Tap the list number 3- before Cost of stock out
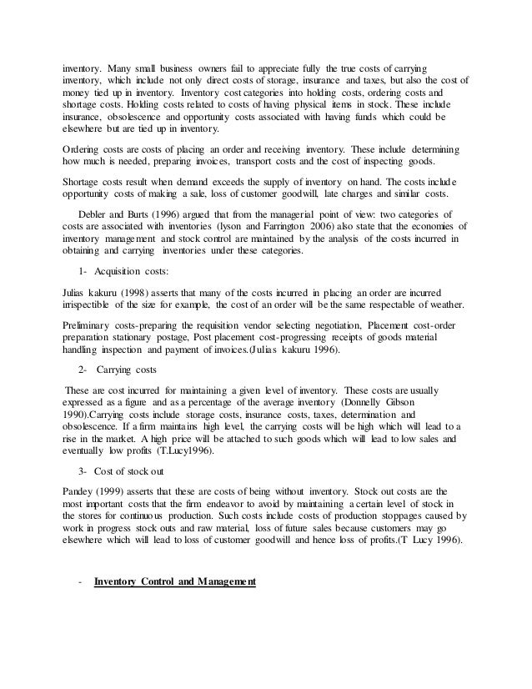tap(82, 470)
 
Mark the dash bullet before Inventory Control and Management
tap(78, 581)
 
